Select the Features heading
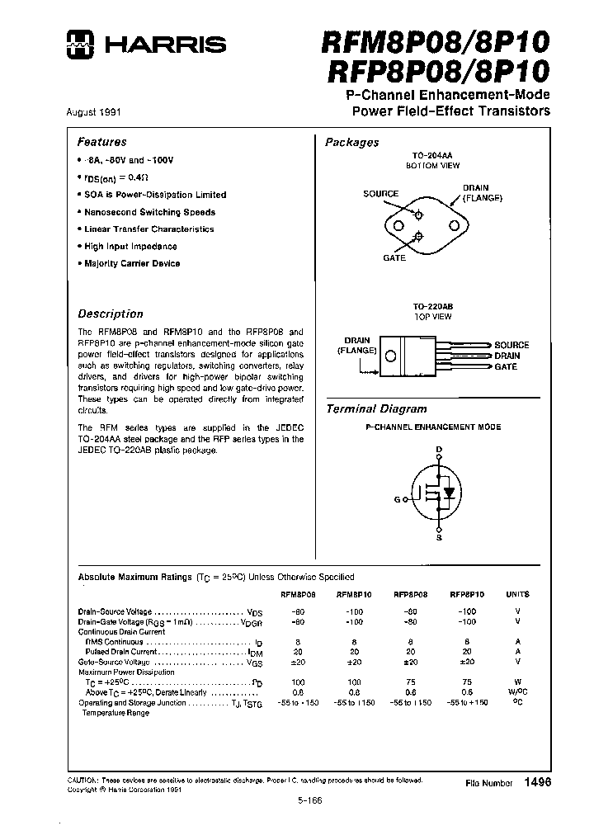coord(102,142)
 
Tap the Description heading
coord(111,314)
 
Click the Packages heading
coord(352,142)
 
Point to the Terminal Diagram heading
coord(376,408)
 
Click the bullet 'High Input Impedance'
coord(130,246)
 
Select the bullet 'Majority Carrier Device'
coord(132,263)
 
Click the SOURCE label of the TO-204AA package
coord(380,194)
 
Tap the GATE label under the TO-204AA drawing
coord(394,258)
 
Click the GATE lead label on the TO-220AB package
coord(506,366)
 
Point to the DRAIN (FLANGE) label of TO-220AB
coord(356,345)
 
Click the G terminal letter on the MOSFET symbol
coord(397,500)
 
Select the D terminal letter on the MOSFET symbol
coord(439,449)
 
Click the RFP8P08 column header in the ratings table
coord(409,594)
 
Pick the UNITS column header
coord(518,594)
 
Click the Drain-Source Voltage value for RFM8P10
coord(354,611)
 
